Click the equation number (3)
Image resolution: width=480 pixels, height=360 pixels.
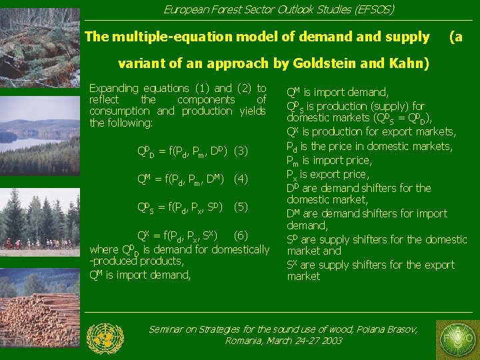click(x=241, y=151)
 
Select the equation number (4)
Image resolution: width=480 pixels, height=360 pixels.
click(x=241, y=179)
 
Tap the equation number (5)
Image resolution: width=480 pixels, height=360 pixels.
click(x=241, y=207)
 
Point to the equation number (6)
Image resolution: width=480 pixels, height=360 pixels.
click(x=241, y=235)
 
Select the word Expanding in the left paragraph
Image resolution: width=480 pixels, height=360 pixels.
click(x=113, y=88)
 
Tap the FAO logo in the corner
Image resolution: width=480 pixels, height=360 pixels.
click(x=456, y=339)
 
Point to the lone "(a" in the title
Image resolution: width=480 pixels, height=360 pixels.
click(x=455, y=37)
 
